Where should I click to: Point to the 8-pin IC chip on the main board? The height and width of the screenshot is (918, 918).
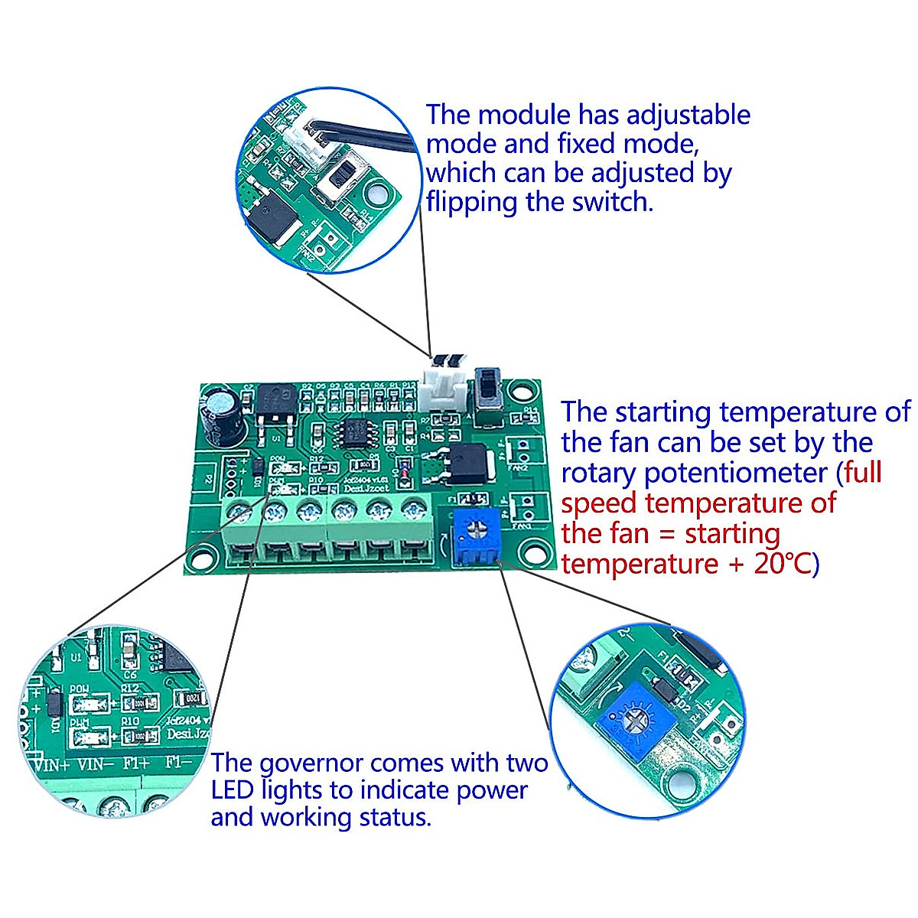point(356,434)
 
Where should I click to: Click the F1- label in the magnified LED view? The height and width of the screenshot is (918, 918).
point(182,763)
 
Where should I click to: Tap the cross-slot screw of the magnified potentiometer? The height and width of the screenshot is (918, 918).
point(630,721)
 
